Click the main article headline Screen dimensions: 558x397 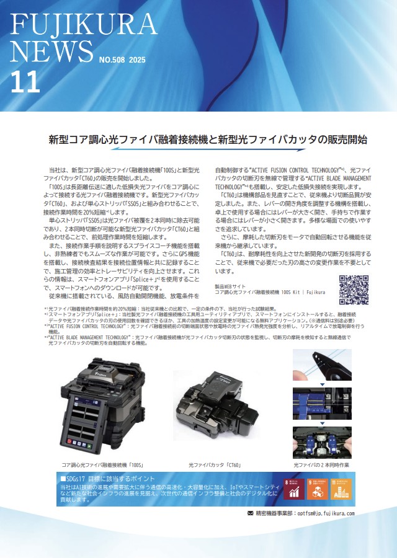(x=208, y=139)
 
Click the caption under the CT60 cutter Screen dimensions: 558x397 (x=215, y=464)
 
